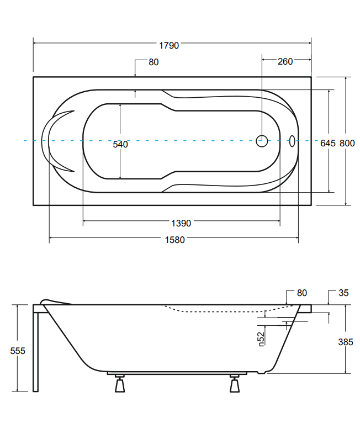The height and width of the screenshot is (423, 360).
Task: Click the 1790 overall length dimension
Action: (x=169, y=46)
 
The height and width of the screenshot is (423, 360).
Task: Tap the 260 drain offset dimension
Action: (x=285, y=61)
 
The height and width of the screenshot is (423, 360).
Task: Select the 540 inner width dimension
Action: (x=120, y=144)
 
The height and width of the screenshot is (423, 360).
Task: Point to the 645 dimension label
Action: (x=328, y=143)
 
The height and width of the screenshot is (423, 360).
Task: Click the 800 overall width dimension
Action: (x=347, y=143)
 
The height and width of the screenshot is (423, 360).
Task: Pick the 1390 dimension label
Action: (x=181, y=223)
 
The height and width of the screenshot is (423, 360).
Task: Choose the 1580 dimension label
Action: (x=174, y=240)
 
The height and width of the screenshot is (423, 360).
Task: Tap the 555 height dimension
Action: (x=18, y=351)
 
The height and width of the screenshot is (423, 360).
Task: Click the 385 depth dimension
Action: (x=346, y=342)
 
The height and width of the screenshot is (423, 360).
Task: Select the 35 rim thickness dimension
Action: (x=343, y=293)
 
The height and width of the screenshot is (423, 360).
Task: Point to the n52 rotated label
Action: (x=261, y=339)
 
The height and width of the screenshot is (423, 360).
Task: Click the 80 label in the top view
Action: (x=153, y=62)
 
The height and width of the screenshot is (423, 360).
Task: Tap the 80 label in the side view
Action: (x=302, y=293)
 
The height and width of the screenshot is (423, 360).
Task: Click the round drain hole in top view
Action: (x=262, y=141)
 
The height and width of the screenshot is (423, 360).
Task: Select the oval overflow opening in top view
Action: (x=292, y=141)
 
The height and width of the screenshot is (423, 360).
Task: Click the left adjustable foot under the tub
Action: (x=120, y=383)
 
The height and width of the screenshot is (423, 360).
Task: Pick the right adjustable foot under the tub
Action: (x=235, y=383)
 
